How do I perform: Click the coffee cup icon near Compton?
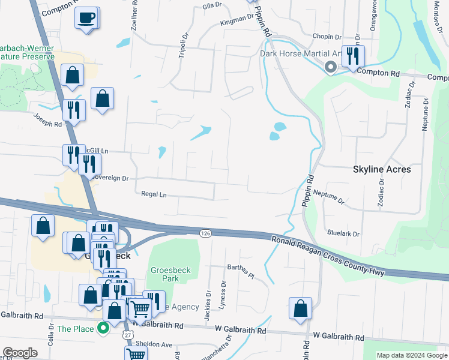pos(87,17)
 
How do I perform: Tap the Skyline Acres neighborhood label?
pos(382,169)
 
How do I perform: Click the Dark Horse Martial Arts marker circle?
pos(330,67)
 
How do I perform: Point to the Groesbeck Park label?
pos(170,275)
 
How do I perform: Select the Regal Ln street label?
pos(153,194)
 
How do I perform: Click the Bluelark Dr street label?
pos(343,233)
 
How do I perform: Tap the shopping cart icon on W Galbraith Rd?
pos(140,310)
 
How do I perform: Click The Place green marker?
pos(102,329)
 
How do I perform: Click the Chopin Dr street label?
pos(327,36)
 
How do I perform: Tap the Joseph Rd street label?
pos(47,121)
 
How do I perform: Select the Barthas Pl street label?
pos(241,271)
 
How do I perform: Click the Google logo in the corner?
pos(20,353)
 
